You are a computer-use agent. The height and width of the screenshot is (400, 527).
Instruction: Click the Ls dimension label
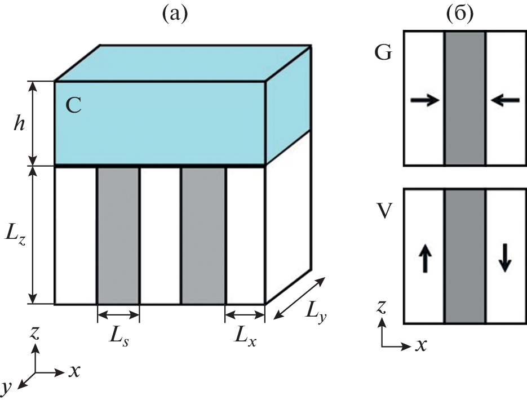118,339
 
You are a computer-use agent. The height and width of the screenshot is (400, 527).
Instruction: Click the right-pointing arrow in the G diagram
424,101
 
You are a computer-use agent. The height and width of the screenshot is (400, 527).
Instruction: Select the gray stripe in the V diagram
465,256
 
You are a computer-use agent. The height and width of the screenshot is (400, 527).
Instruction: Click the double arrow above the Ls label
118,315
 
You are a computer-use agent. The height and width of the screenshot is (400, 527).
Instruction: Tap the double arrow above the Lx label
245,315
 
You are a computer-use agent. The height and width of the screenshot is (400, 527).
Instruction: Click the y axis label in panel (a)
7,387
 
